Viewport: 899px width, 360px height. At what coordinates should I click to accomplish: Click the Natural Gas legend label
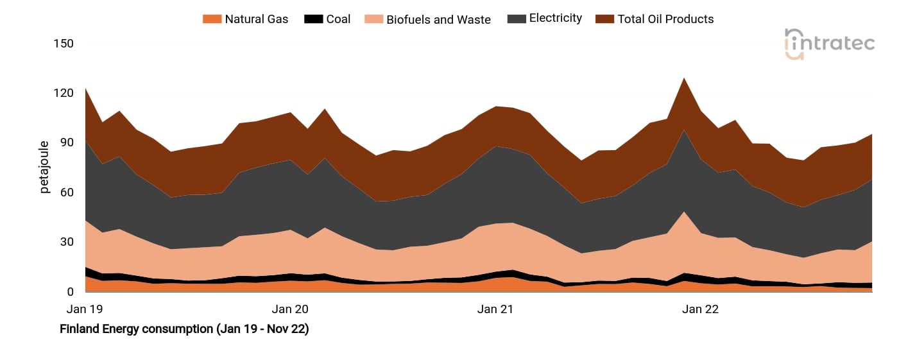pyautogui.click(x=256, y=19)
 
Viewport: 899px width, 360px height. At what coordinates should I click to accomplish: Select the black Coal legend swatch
pyautogui.click(x=314, y=19)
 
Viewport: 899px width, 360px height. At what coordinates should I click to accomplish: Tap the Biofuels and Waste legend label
pyautogui.click(x=438, y=19)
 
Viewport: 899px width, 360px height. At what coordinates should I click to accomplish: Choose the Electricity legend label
pyautogui.click(x=555, y=19)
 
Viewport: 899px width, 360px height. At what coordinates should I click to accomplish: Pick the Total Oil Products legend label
pyautogui.click(x=665, y=19)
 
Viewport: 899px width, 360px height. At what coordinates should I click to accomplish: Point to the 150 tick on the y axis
pyautogui.click(x=64, y=44)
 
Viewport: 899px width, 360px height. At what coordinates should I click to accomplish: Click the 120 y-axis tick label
pyautogui.click(x=64, y=93)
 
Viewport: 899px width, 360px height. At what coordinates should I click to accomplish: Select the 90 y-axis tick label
pyautogui.click(x=67, y=142)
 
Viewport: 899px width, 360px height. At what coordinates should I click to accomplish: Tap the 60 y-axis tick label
pyautogui.click(x=67, y=193)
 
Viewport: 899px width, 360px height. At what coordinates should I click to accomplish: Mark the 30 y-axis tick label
pyautogui.click(x=67, y=242)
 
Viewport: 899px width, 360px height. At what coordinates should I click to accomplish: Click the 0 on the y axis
pyautogui.click(x=70, y=292)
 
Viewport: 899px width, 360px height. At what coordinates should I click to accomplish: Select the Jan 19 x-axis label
pyautogui.click(x=85, y=309)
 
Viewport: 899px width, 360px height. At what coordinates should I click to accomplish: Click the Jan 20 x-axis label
pyautogui.click(x=290, y=309)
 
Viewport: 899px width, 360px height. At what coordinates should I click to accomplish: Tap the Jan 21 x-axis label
pyautogui.click(x=495, y=309)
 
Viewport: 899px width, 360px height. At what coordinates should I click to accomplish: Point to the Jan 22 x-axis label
pyautogui.click(x=700, y=309)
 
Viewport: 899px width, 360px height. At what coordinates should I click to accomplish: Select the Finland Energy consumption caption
pyautogui.click(x=184, y=329)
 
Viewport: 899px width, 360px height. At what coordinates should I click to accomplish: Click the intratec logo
pyautogui.click(x=829, y=44)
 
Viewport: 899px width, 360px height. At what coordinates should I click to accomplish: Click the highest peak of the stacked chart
pyautogui.click(x=684, y=78)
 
